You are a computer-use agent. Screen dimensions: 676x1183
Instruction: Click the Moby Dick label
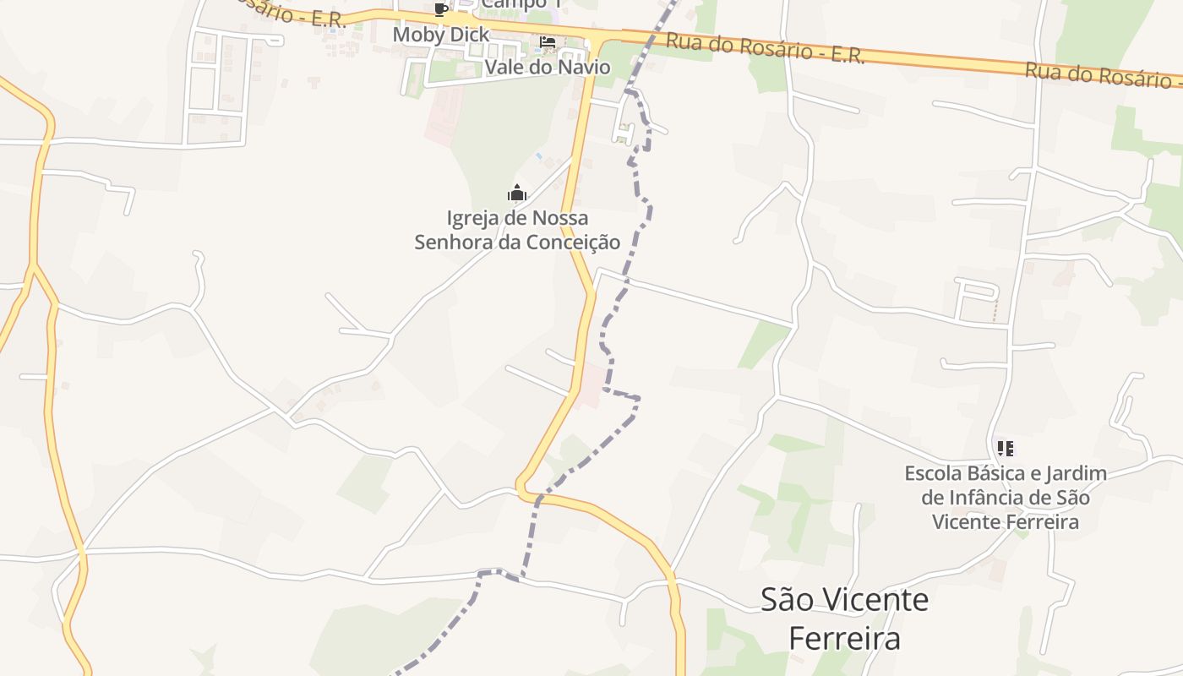click(441, 35)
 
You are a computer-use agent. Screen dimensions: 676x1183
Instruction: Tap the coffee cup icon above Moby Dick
click(440, 9)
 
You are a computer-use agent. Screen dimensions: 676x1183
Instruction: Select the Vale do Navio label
click(548, 67)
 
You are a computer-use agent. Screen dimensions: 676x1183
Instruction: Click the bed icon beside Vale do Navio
click(548, 42)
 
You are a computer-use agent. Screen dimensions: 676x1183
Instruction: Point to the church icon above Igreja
click(517, 194)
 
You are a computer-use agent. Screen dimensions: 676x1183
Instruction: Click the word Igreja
click(472, 219)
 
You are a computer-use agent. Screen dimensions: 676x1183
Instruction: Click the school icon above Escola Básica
click(1005, 448)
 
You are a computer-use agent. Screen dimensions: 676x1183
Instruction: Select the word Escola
click(935, 473)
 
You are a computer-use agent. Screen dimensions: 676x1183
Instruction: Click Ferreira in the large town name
click(844, 639)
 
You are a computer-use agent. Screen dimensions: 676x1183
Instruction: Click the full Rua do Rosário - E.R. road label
click(765, 48)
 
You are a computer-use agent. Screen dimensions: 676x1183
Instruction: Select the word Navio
click(582, 67)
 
